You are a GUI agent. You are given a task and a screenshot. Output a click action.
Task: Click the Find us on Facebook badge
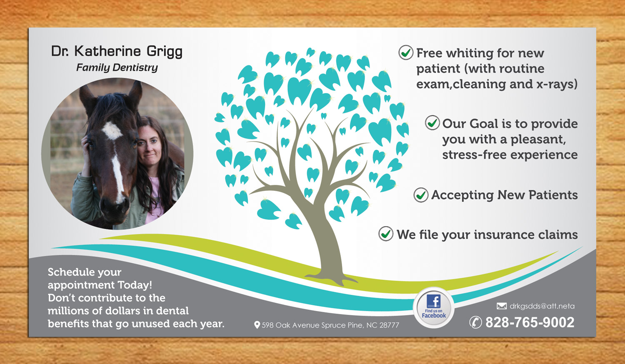(x=434, y=307)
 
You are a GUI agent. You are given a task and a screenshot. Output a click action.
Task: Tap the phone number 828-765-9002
(x=530, y=322)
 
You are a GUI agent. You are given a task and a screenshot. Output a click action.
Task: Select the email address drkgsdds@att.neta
(x=542, y=306)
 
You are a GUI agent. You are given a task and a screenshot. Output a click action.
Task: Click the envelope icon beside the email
(x=502, y=306)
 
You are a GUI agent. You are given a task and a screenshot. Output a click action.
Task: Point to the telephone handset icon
(x=475, y=322)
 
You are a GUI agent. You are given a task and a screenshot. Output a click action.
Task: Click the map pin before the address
(x=257, y=325)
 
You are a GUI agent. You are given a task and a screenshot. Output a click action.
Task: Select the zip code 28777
(x=389, y=325)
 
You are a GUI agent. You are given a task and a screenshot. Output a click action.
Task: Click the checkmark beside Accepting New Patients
(x=421, y=194)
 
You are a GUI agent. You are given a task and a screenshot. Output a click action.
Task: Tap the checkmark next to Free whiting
(x=406, y=52)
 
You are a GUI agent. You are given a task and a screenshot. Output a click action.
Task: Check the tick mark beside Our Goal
(x=432, y=123)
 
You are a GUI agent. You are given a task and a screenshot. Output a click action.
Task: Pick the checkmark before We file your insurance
(x=386, y=234)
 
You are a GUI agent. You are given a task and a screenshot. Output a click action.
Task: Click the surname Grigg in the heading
(x=164, y=52)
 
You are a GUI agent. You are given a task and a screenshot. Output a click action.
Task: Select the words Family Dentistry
(x=117, y=67)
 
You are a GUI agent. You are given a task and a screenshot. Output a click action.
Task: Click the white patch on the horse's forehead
(x=112, y=130)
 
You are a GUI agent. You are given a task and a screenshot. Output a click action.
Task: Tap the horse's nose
(x=115, y=205)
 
